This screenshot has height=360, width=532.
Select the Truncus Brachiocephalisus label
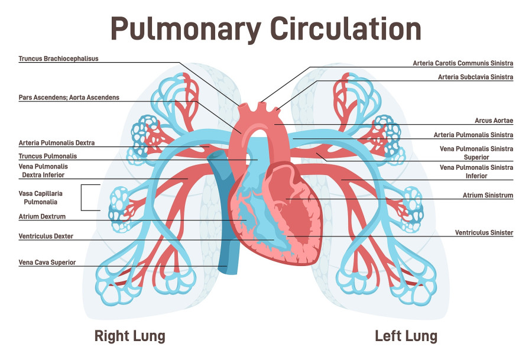click(x=58, y=59)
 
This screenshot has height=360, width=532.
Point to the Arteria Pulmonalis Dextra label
click(x=56, y=143)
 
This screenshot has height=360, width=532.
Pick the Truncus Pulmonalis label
click(x=47, y=156)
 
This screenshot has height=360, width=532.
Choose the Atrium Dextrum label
click(x=42, y=216)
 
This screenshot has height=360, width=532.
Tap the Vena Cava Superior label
click(x=47, y=262)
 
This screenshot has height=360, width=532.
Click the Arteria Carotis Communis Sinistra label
click(x=463, y=63)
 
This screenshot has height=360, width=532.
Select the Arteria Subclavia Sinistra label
click(x=475, y=77)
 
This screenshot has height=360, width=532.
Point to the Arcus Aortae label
click(x=494, y=121)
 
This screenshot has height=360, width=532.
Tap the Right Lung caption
click(x=129, y=336)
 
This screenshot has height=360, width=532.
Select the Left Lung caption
click(x=406, y=336)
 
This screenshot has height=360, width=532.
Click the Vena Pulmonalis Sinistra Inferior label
click(x=477, y=171)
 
